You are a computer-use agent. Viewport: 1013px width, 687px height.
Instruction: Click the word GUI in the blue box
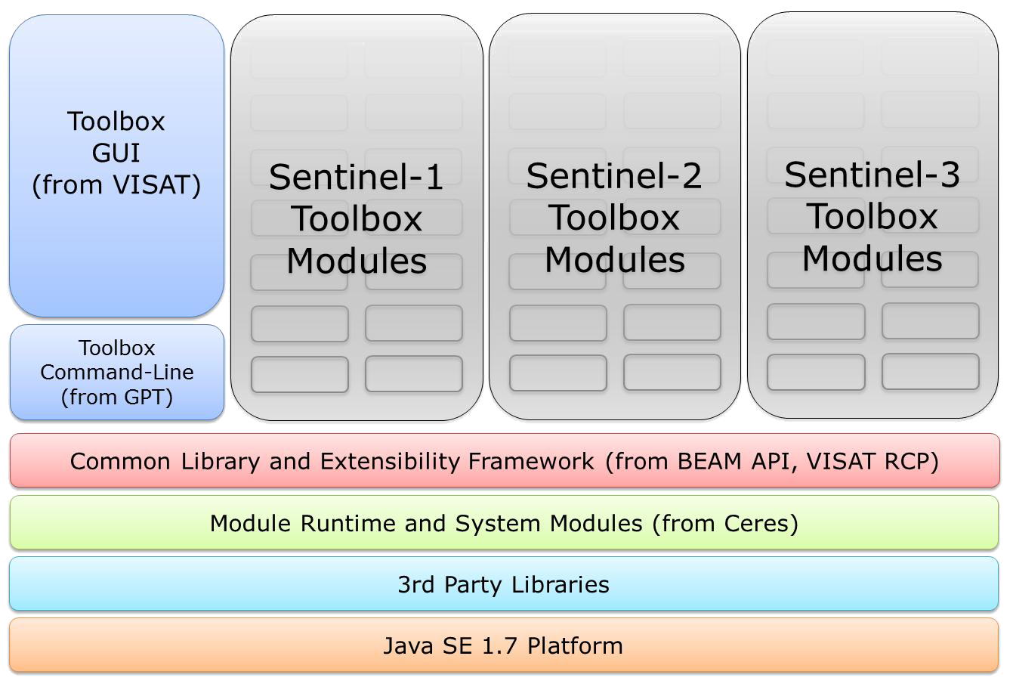tap(116, 153)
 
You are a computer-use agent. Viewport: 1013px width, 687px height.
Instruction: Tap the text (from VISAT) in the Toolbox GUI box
tap(116, 185)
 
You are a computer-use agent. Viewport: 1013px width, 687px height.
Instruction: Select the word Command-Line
tap(117, 373)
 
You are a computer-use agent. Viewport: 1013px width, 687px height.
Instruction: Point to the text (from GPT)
tap(117, 397)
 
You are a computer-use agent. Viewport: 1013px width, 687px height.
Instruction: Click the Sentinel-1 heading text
tap(356, 178)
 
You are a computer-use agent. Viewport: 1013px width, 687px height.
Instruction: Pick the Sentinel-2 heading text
tap(614, 176)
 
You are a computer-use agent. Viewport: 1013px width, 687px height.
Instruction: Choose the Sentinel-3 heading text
tap(872, 175)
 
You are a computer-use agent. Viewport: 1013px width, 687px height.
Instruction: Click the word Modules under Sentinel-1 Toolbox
tap(357, 261)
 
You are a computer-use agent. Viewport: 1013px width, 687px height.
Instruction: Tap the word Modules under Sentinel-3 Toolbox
tap(872, 258)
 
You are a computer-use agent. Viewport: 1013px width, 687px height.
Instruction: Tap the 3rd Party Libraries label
tap(504, 584)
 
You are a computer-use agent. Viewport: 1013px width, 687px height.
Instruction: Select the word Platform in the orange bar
tap(576, 646)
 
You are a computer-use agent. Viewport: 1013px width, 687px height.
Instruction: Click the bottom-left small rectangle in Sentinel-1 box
tap(300, 374)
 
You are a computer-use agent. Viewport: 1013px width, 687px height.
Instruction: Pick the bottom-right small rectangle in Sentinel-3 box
tap(930, 372)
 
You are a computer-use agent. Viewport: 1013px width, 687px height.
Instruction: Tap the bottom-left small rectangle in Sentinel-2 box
tap(558, 373)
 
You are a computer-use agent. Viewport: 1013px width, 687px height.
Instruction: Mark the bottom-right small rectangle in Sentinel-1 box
tap(414, 374)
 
